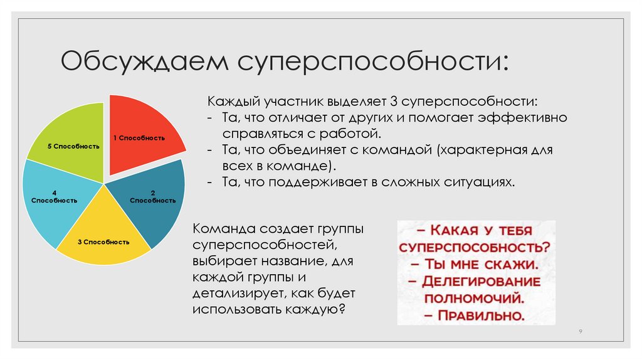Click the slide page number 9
579,330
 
